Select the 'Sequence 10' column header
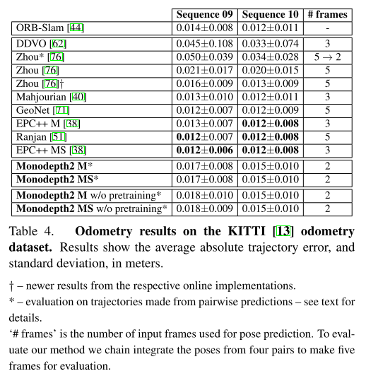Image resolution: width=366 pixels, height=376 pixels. coord(272,14)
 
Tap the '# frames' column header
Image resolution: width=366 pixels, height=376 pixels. coord(328,14)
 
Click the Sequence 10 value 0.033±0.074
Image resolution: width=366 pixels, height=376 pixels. coord(272,44)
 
